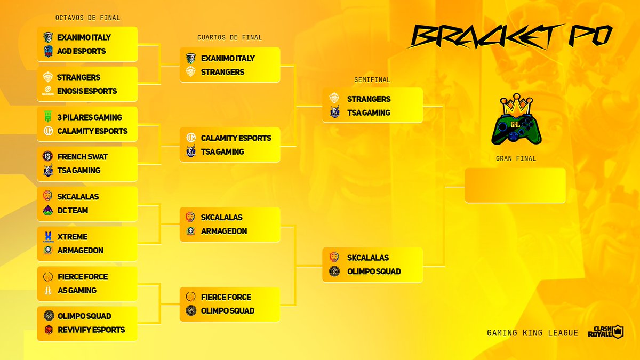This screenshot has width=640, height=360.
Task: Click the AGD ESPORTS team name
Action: tap(81, 51)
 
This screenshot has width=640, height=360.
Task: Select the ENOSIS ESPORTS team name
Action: tap(87, 91)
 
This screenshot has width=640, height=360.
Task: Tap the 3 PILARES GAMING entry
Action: tap(90, 117)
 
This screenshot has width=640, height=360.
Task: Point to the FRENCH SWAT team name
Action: tap(82, 157)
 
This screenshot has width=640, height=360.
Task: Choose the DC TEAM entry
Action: tap(73, 211)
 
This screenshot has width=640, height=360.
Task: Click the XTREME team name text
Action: tap(72, 237)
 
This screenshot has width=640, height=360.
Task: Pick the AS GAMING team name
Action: tap(77, 291)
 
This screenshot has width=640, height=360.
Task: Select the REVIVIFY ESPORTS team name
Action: tap(91, 330)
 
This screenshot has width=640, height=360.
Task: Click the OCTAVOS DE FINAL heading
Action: tap(88, 18)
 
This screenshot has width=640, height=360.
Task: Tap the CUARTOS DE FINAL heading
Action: tap(230, 37)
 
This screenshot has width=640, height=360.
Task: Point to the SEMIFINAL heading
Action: tap(372, 80)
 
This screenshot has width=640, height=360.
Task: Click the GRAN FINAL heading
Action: tap(516, 158)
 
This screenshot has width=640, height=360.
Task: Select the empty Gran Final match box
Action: tap(515, 186)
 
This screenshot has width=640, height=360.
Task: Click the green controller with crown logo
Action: tap(516, 121)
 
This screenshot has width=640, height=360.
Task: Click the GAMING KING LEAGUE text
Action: tap(532, 333)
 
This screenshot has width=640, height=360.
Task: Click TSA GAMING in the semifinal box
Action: tap(369, 113)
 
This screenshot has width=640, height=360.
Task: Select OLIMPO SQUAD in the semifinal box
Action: tap(374, 271)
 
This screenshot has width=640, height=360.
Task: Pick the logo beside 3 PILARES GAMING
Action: tap(48, 117)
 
